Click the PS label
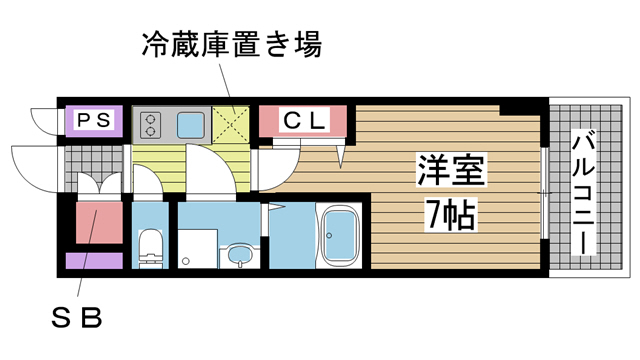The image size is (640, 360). click(x=95, y=121)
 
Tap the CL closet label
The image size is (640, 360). click(x=303, y=121)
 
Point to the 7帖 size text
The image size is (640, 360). click(x=449, y=211)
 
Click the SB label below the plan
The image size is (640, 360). click(x=79, y=319)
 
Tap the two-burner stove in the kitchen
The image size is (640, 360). click(x=152, y=125)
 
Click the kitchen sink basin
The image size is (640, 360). click(x=190, y=125)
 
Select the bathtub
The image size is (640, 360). click(x=341, y=236)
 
